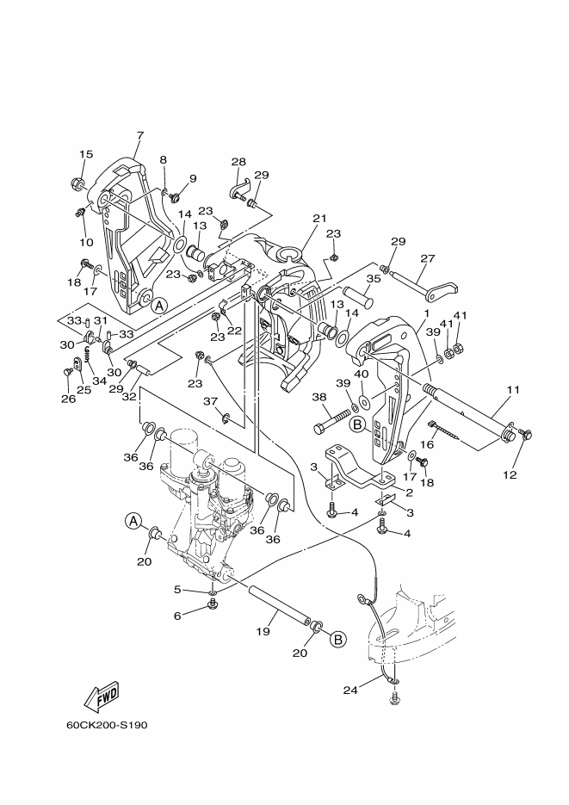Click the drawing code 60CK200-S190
tap(107, 726)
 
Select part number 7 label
tap(140, 135)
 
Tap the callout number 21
tap(319, 218)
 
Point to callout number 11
tap(512, 390)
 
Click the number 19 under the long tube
tap(263, 631)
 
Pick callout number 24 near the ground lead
tap(349, 690)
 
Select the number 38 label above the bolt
tap(319, 397)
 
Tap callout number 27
tap(427, 258)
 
